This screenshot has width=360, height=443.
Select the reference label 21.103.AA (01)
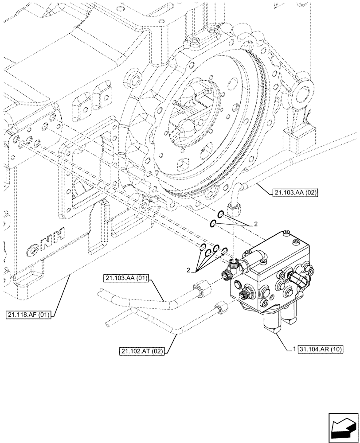tap(126, 278)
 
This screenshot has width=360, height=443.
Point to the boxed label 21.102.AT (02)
tap(141, 352)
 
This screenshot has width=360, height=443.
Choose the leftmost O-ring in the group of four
tap(203, 246)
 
